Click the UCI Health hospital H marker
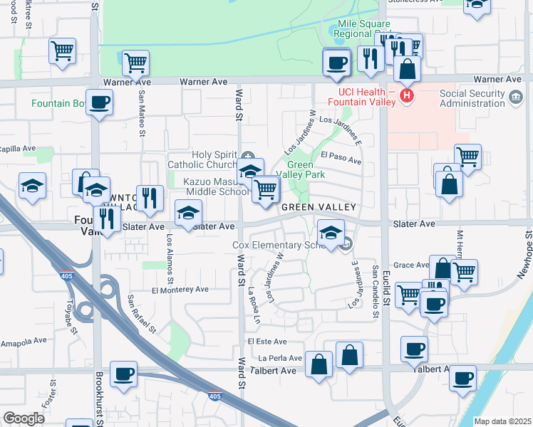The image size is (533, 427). (x=407, y=95)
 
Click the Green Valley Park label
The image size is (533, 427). (x=306, y=169)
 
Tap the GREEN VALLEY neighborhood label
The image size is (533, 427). (x=317, y=207)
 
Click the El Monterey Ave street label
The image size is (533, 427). (x=180, y=290)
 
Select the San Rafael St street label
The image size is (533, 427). (x=142, y=314)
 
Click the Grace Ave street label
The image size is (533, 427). (x=411, y=265)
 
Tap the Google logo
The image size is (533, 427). (x=24, y=418)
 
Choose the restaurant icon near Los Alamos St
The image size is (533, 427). (x=149, y=198)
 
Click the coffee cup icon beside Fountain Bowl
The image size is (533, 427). (x=99, y=102)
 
